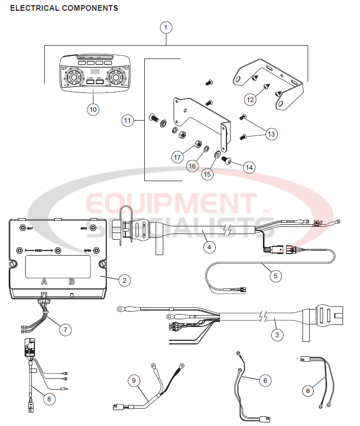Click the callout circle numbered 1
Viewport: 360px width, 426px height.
tap(165, 28)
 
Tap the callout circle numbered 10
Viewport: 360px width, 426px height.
tap(93, 109)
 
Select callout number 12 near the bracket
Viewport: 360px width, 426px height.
tap(251, 100)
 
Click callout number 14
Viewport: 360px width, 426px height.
tap(249, 167)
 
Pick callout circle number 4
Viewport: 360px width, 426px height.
tap(208, 246)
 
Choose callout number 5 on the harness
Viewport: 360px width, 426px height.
tap(275, 276)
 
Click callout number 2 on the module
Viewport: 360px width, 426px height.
tap(123, 280)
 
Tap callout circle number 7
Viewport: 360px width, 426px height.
tap(65, 330)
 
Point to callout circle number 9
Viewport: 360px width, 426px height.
tap(134, 380)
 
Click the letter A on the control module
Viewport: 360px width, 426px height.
tap(44, 281)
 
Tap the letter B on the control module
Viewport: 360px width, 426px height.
tap(72, 281)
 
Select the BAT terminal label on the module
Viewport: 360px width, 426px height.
tap(31, 227)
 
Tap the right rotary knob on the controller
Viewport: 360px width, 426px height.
tap(115, 78)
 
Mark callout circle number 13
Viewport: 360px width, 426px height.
tap(271, 133)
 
